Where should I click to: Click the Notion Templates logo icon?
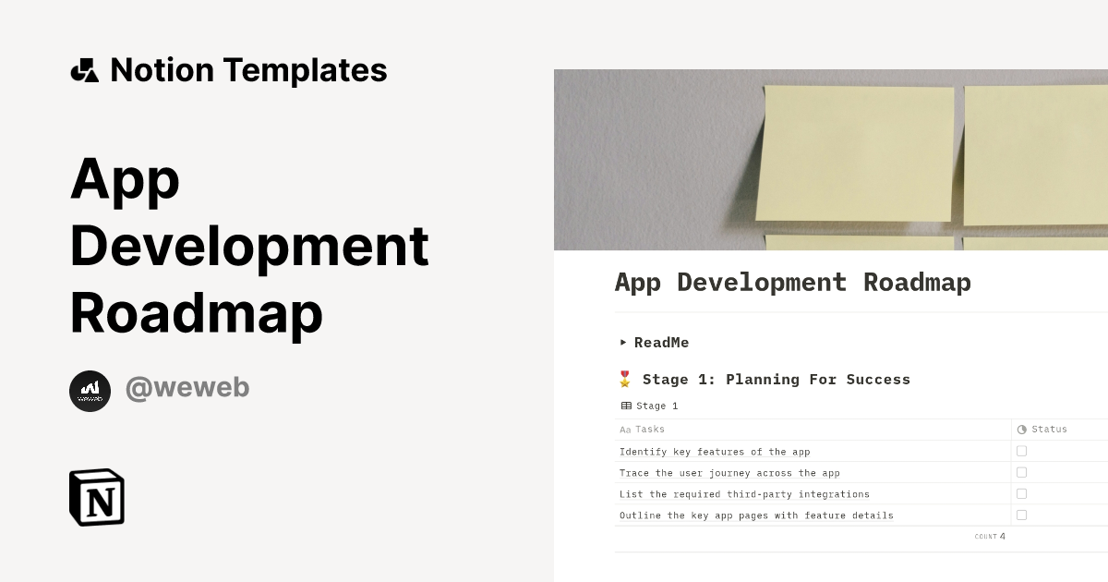[84, 70]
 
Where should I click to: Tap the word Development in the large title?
[249, 246]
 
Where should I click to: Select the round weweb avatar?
[90, 391]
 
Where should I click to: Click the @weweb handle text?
[187, 388]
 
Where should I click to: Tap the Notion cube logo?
[97, 497]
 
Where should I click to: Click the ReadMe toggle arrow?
[623, 343]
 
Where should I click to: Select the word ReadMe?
[661, 343]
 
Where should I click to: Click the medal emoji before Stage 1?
[625, 379]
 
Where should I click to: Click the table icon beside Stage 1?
[626, 406]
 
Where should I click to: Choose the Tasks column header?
[649, 430]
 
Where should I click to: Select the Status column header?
[1049, 430]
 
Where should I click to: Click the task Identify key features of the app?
[715, 452]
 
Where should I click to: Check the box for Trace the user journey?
[1021, 472]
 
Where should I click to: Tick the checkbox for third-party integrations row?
[1021, 493]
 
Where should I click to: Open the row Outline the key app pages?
[756, 515]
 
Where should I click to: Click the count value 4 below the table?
[1002, 537]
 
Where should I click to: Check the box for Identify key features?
[1021, 451]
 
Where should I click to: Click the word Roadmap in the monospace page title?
[917, 283]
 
